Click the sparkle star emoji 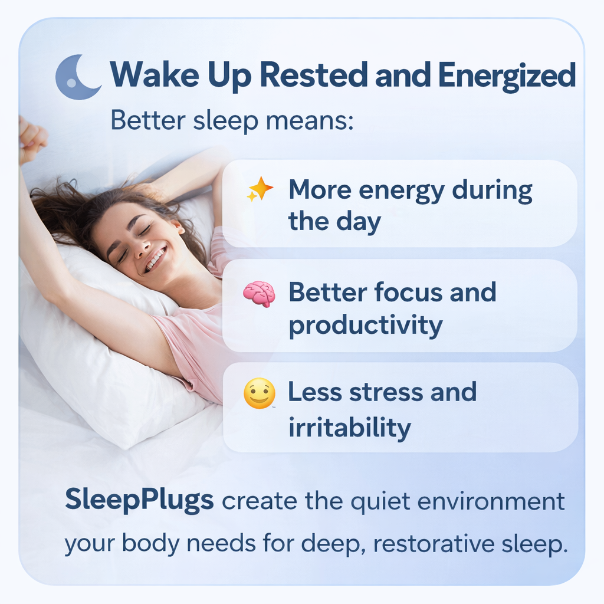pyautogui.click(x=260, y=189)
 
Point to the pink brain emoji pyautogui.click(x=259, y=293)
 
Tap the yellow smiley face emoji pyautogui.click(x=260, y=393)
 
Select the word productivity pyautogui.click(x=366, y=326)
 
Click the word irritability pyautogui.click(x=349, y=427)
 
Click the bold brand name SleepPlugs pyautogui.click(x=139, y=501)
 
